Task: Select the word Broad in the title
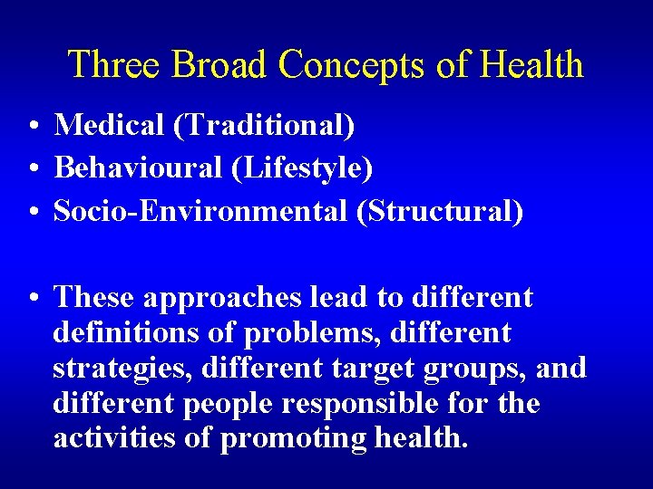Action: click(x=219, y=65)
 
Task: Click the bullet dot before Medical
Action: click(x=32, y=127)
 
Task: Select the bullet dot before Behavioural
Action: click(x=32, y=169)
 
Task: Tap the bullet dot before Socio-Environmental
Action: click(x=32, y=212)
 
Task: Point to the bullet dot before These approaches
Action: click(x=32, y=298)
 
